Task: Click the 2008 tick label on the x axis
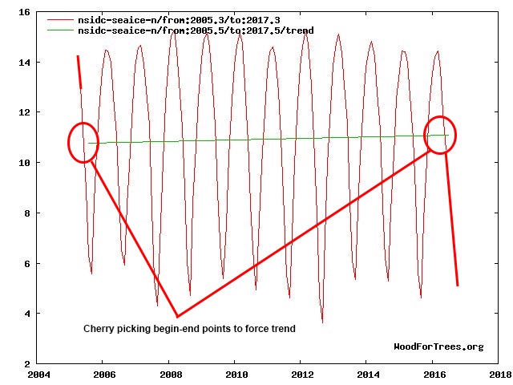[170, 375]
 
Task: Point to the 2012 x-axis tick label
[302, 375]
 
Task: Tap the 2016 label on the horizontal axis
[434, 375]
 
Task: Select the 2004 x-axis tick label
[38, 375]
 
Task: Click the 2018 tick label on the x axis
[499, 375]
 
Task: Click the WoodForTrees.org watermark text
[438, 346]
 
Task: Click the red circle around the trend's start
[83, 144]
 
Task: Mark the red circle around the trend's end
[439, 135]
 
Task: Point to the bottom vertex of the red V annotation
[177, 317]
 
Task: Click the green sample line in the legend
[61, 30]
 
